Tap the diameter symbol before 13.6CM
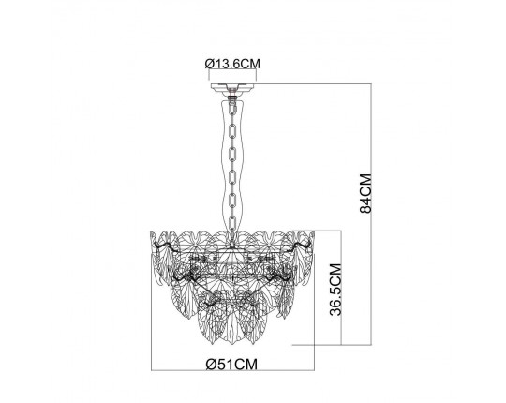(207, 65)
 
